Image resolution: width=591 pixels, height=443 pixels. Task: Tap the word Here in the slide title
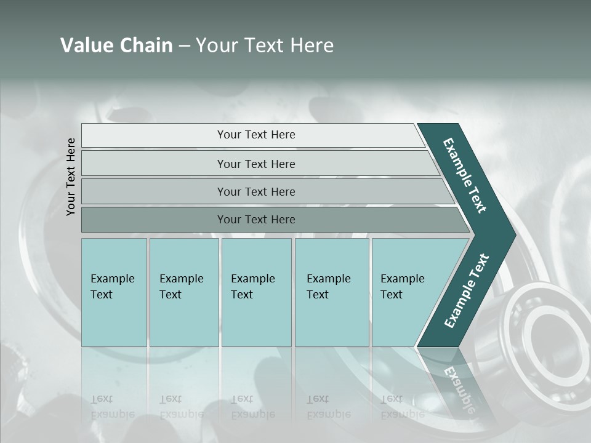(312, 46)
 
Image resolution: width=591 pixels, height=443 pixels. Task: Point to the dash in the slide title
(184, 46)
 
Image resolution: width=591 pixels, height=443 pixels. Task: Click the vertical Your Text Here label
(71, 177)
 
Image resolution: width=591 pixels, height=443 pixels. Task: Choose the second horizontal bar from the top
(255, 164)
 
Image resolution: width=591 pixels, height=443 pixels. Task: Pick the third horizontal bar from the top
(255, 191)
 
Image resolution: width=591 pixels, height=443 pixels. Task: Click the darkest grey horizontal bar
(255, 220)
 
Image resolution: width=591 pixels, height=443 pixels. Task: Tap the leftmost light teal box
(114, 292)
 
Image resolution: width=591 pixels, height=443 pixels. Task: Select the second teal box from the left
(184, 292)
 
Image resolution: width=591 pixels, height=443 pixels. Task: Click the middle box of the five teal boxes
(256, 292)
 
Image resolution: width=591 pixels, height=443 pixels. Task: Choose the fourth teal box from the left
(332, 292)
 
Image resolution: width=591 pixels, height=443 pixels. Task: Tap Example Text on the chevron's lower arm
(466, 291)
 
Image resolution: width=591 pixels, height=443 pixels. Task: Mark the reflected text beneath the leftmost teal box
(112, 407)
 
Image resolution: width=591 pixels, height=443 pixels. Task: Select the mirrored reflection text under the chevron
(459, 388)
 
